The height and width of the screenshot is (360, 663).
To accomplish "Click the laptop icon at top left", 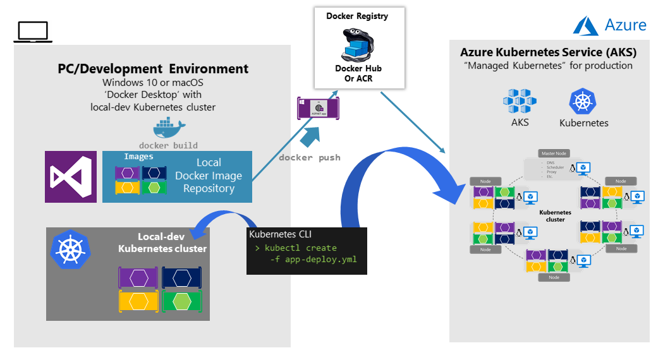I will point(31,32).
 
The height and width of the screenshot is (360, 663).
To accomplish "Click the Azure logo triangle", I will point(585,25).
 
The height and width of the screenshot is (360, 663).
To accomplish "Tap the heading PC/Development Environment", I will point(153,69).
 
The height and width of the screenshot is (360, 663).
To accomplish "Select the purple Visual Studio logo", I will point(71,177).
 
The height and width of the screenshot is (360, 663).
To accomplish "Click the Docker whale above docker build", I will point(169,129).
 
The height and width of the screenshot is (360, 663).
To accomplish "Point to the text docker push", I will point(309,157).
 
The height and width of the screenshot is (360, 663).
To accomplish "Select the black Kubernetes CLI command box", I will point(307,251).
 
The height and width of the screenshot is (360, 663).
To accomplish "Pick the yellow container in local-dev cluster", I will point(138,301).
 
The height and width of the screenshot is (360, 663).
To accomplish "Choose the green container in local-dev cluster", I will point(182,301).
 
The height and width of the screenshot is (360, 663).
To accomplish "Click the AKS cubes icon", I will point(520,100).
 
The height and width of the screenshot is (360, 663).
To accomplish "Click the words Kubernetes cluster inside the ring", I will point(555,215).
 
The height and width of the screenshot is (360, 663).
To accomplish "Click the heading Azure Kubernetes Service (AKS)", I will point(548,52).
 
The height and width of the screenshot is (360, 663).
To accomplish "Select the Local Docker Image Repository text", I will point(209,176).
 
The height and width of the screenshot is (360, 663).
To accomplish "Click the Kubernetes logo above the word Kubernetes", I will point(583,101).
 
